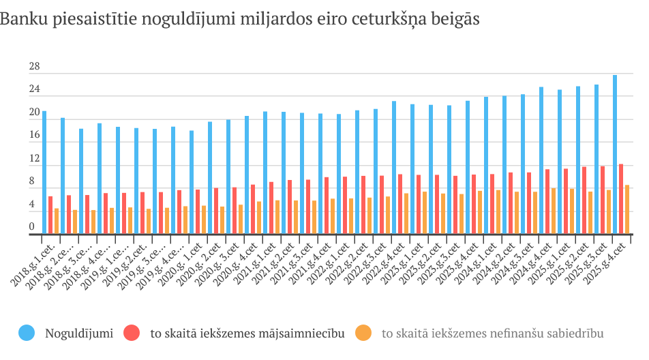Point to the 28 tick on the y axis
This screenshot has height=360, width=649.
pyautogui.click(x=34, y=67)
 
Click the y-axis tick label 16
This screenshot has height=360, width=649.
pyautogui.click(x=34, y=136)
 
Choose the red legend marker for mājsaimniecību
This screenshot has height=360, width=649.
pyautogui.click(x=132, y=333)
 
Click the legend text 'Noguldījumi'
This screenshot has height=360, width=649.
pyautogui.click(x=78, y=333)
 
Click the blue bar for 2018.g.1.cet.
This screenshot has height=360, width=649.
pyautogui.click(x=44, y=173)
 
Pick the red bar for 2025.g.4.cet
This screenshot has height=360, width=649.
pyautogui.click(x=621, y=199)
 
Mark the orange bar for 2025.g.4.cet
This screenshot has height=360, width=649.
pyautogui.click(x=627, y=210)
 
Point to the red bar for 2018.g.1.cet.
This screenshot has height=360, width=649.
pyautogui.click(x=50, y=215)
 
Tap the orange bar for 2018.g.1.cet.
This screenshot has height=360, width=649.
pyautogui.click(x=57, y=222)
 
